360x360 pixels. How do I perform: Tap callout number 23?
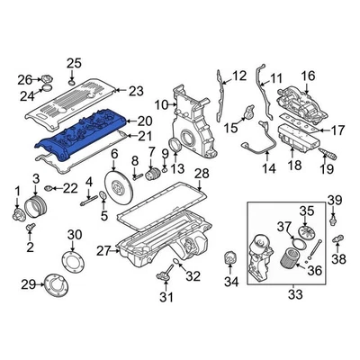pos(136,90)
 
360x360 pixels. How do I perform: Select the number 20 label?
pos(142,121)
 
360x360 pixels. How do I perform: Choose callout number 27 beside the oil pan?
pos(103,249)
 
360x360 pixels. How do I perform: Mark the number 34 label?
pos(231,282)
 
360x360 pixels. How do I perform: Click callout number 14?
pos(267,168)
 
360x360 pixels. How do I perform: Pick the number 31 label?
pos(165,297)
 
